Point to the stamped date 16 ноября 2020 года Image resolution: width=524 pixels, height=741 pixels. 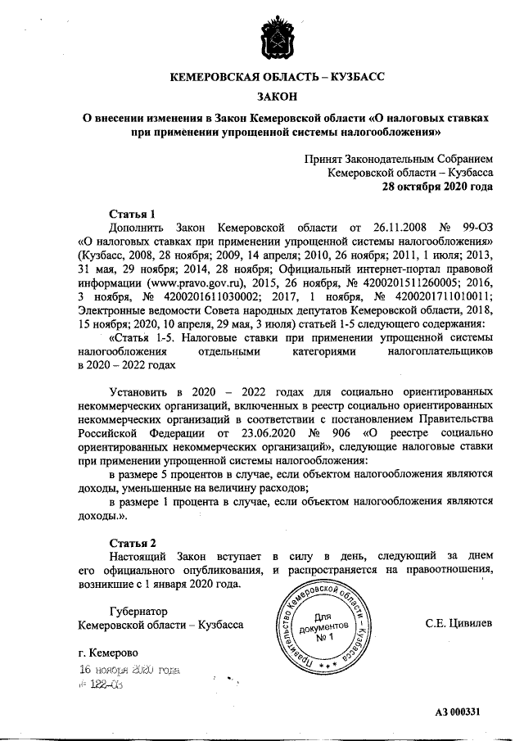coord(129,669)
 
